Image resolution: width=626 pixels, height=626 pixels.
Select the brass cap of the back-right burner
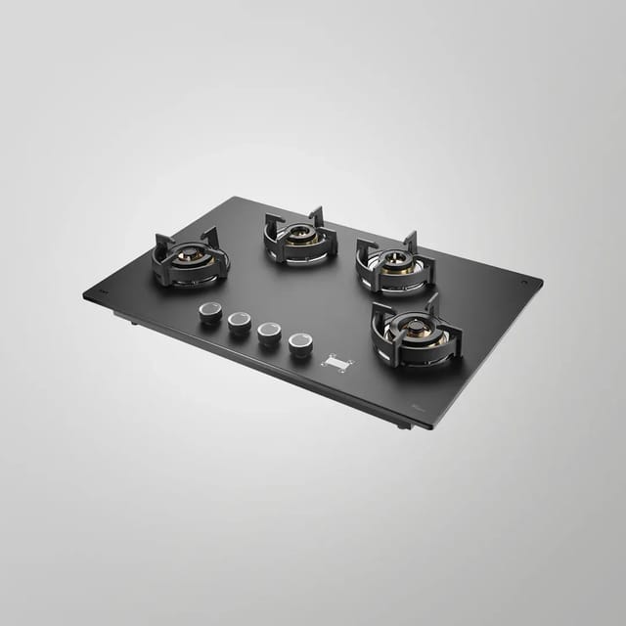396,260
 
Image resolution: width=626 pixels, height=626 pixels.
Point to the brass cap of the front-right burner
417,330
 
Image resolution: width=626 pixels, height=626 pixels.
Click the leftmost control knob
209,312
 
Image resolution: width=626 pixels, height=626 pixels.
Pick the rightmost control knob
299,343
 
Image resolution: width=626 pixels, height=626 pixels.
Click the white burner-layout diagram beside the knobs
336,363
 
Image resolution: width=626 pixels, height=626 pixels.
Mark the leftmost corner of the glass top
85,294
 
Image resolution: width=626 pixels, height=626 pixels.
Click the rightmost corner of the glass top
541,283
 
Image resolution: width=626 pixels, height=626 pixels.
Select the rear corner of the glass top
233,199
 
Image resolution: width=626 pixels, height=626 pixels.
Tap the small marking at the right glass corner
526,282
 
